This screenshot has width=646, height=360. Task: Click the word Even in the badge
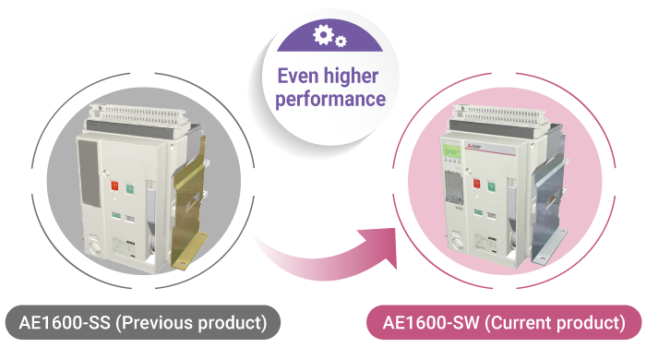(x=296, y=77)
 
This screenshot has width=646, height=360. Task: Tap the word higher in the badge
(x=351, y=77)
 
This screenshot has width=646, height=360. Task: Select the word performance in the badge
(x=330, y=100)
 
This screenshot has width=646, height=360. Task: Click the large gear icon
(x=323, y=34)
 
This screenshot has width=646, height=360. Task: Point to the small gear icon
(x=341, y=42)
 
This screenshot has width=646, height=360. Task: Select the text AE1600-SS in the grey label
(x=65, y=322)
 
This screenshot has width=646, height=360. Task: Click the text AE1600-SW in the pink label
(x=431, y=322)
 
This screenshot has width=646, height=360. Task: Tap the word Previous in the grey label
(x=158, y=322)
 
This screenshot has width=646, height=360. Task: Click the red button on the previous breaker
(x=114, y=186)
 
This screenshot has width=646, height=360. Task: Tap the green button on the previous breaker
(x=130, y=188)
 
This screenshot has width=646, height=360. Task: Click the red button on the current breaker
(x=476, y=183)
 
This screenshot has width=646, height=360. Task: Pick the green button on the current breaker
(x=491, y=186)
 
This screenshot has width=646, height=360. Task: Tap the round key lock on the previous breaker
(x=94, y=249)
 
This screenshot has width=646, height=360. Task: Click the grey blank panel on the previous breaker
(x=90, y=173)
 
